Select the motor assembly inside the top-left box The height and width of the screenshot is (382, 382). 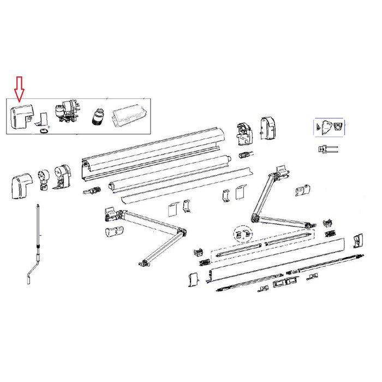pos(67,112)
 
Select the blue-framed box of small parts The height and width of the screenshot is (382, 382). pos(329,127)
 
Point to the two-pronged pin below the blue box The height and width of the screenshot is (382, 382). pos(326,148)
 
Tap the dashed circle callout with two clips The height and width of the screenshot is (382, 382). pos(242,234)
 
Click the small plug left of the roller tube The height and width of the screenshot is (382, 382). pos(94,192)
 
